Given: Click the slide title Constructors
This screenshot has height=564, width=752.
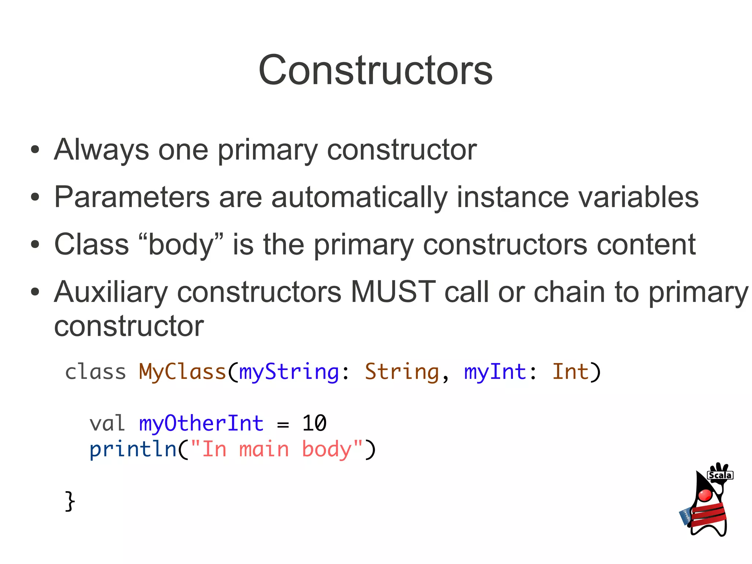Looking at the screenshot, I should [x=375, y=70].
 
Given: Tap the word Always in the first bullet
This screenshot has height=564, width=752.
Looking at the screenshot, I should [x=101, y=150].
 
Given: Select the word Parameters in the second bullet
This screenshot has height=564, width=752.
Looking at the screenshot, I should [x=132, y=197].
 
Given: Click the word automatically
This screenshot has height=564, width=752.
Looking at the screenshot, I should [x=359, y=198].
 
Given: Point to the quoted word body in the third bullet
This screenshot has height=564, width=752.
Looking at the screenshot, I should [x=181, y=245].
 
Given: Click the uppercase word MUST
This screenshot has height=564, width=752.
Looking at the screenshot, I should [x=393, y=292].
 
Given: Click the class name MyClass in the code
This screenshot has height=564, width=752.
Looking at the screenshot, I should [x=182, y=371].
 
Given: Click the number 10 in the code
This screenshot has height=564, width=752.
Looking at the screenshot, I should [x=314, y=423].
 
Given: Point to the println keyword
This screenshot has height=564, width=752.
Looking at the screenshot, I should [x=133, y=449].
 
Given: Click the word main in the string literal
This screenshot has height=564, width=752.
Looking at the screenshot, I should [x=264, y=449].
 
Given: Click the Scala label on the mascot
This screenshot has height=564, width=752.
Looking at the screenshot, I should [x=720, y=475].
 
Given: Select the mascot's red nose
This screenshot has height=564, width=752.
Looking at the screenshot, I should [x=705, y=495].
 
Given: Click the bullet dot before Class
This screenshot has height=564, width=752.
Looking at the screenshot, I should [x=35, y=244].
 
